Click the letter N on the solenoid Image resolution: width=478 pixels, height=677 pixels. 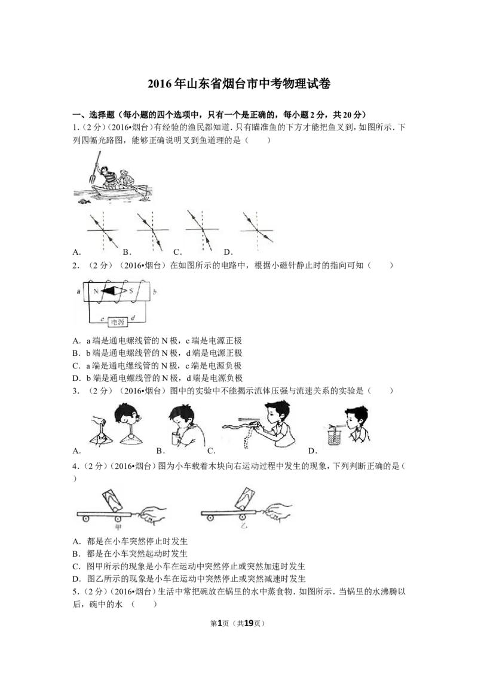click(96, 291)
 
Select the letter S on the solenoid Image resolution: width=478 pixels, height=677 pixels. click(133, 291)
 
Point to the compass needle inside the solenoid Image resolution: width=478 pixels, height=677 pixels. click(114, 291)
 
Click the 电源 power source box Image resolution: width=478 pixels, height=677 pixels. click(117, 322)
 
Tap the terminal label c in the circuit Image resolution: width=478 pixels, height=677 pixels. click(102, 319)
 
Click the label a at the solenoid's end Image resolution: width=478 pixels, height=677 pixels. click(78, 291)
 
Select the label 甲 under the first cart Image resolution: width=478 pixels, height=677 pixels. click(118, 527)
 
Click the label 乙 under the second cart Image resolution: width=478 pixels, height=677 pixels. click(244, 527)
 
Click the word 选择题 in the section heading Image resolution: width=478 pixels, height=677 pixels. click(102, 114)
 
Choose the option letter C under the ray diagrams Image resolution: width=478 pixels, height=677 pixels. click(177, 252)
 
